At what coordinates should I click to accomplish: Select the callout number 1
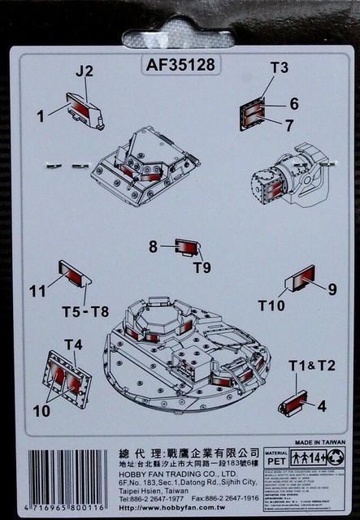pyautogui.click(x=40, y=115)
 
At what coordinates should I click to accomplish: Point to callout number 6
pyautogui.click(x=294, y=103)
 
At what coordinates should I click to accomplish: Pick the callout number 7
pyautogui.click(x=289, y=125)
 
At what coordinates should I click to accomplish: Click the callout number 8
pyautogui.click(x=153, y=246)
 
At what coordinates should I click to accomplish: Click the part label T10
pyautogui.click(x=271, y=305)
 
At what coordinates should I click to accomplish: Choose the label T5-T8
pyautogui.click(x=85, y=312)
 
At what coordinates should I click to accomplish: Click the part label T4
pyautogui.click(x=73, y=344)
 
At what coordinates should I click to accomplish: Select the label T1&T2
pyautogui.click(x=312, y=366)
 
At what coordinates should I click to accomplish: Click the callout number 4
pyautogui.click(x=322, y=405)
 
